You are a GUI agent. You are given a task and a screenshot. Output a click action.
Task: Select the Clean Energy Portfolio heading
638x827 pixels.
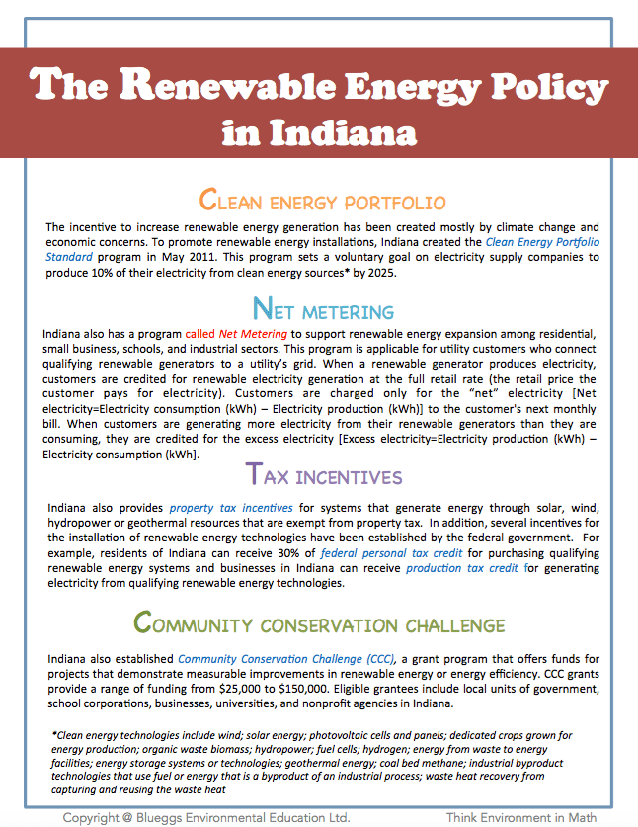(x=321, y=202)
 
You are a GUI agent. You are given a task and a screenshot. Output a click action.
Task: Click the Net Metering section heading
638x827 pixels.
(x=323, y=310)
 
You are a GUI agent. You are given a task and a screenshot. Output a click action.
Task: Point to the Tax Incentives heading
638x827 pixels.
(x=323, y=476)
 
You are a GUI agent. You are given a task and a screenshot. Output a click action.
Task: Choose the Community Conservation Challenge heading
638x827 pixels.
(x=319, y=624)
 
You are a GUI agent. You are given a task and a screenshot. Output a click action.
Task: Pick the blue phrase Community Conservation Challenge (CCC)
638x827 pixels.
(x=287, y=658)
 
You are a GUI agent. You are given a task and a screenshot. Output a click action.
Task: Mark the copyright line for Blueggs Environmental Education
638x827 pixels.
(x=205, y=817)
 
